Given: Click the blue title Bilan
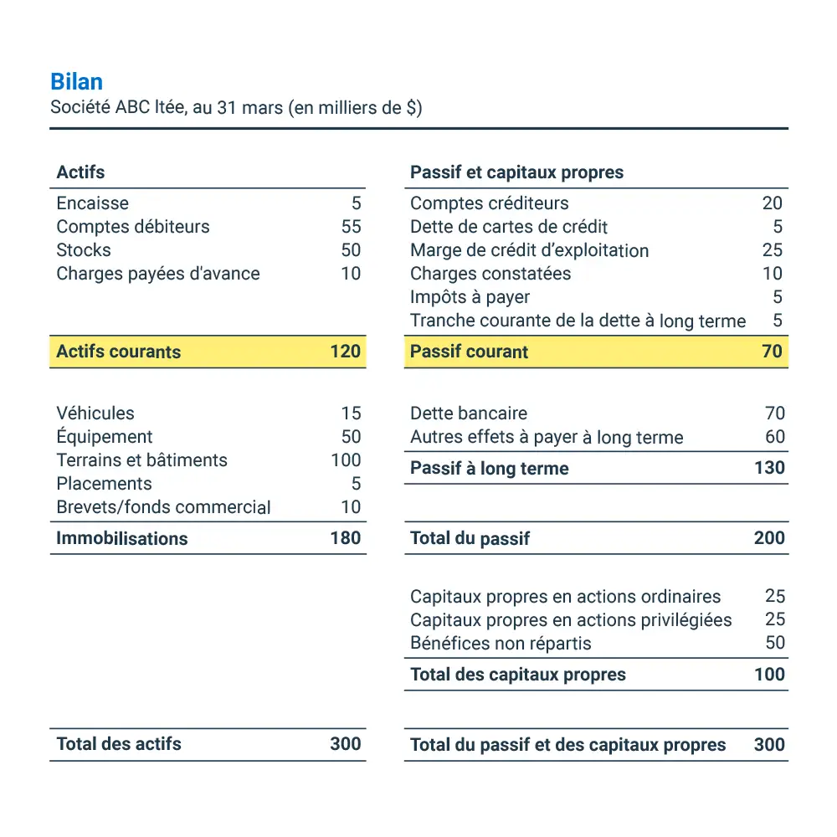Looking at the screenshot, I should click(76, 82).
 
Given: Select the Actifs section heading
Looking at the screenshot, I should click(80, 172).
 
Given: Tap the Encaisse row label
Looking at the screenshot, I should click(92, 203).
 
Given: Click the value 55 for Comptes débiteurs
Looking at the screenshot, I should click(351, 227).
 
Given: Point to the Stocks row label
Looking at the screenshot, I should click(83, 250).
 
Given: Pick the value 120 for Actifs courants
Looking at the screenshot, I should click(345, 352).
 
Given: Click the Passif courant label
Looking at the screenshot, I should click(469, 352).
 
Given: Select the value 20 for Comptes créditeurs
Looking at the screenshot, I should click(772, 203).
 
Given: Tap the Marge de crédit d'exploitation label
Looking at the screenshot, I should click(529, 250).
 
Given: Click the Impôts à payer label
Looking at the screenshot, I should click(470, 297).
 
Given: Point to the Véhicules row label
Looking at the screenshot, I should click(95, 413).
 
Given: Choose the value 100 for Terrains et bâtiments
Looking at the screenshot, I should click(346, 460).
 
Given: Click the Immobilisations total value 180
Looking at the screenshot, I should click(345, 538).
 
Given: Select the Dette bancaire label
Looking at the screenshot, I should click(469, 413).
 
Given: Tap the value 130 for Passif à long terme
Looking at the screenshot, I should click(769, 468).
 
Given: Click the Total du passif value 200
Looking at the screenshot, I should click(769, 538).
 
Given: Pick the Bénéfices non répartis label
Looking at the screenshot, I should click(501, 644).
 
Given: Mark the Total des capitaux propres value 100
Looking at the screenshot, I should click(769, 675).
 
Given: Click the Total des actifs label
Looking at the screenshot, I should click(118, 744).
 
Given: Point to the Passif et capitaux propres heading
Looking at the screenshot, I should click(516, 172).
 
